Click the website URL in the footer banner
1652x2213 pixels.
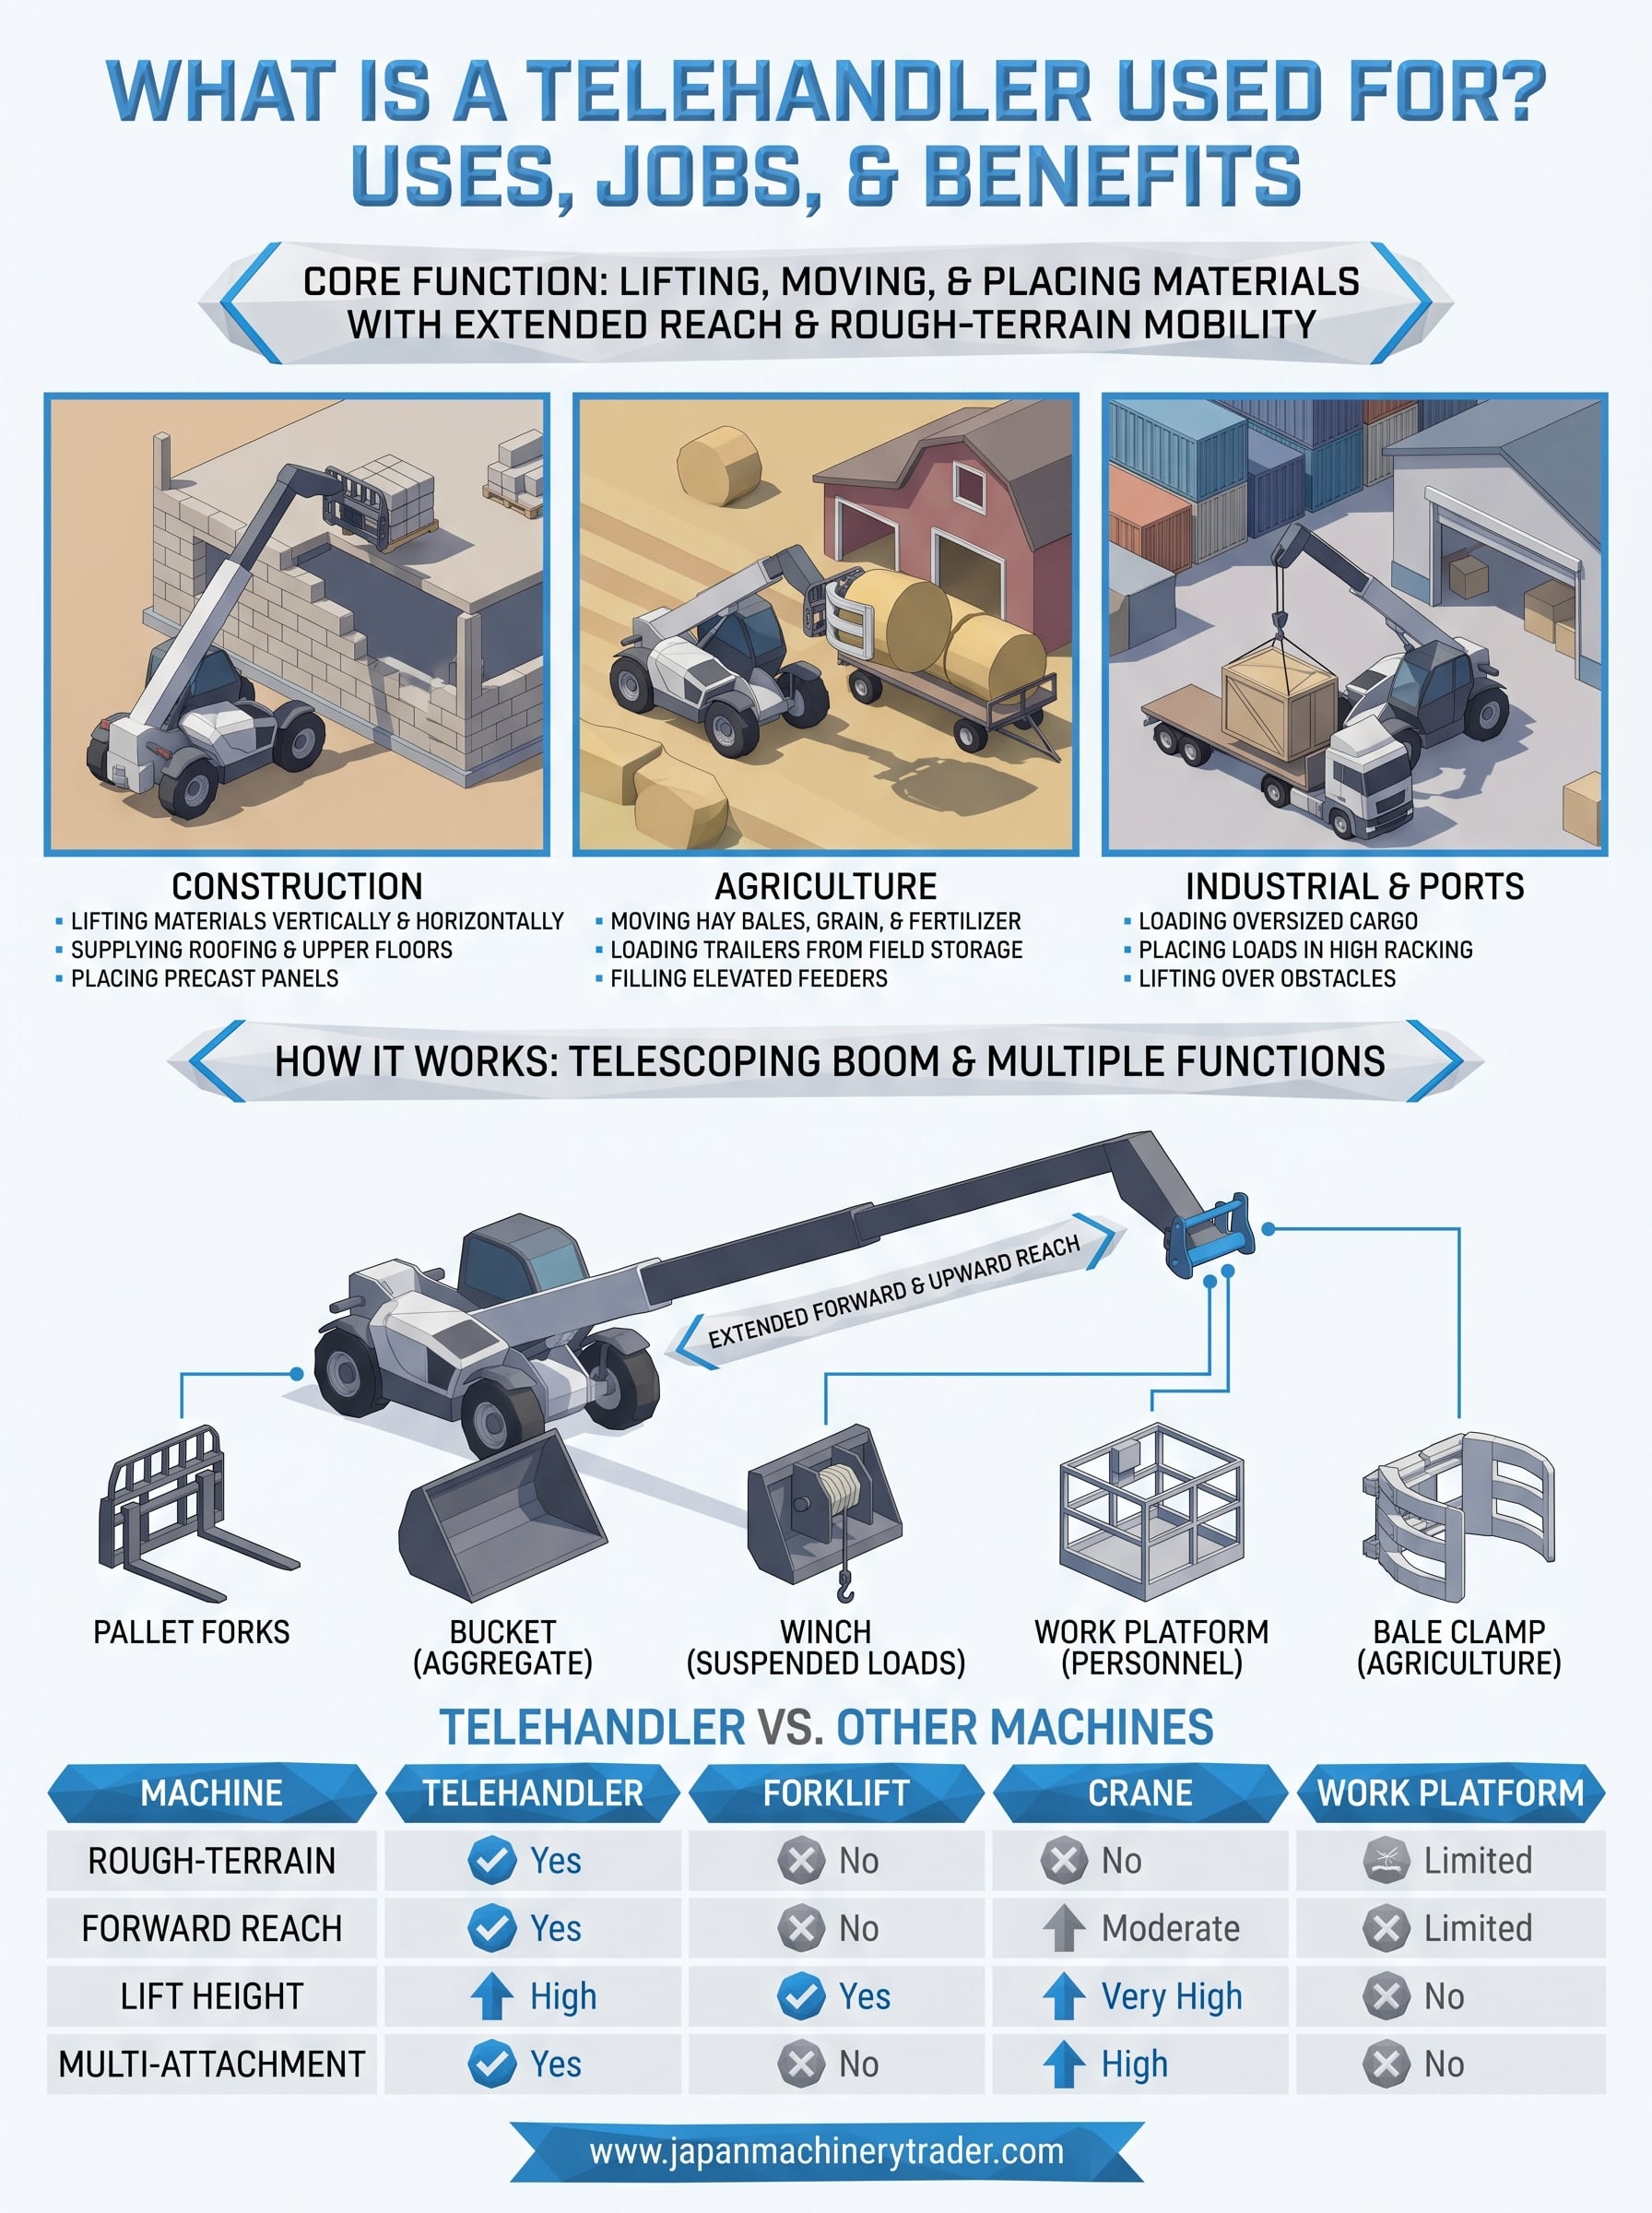tap(826, 2150)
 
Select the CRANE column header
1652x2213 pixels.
tap(1139, 1793)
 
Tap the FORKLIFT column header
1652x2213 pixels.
tap(836, 1793)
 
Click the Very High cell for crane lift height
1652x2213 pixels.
tap(1171, 1996)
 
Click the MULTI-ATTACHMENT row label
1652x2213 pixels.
tap(212, 2064)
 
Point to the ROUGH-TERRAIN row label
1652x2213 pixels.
tap(212, 1860)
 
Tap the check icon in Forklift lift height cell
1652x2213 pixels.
tap(801, 1996)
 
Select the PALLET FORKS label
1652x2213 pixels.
tap(191, 1632)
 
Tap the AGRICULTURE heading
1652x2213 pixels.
tap(826, 886)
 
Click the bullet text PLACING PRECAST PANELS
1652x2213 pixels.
tap(204, 978)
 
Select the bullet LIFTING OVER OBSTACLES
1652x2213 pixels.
tap(1267, 978)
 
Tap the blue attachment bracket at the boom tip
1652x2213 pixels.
tap(1210, 1235)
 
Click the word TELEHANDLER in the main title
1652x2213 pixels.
tap(809, 91)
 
